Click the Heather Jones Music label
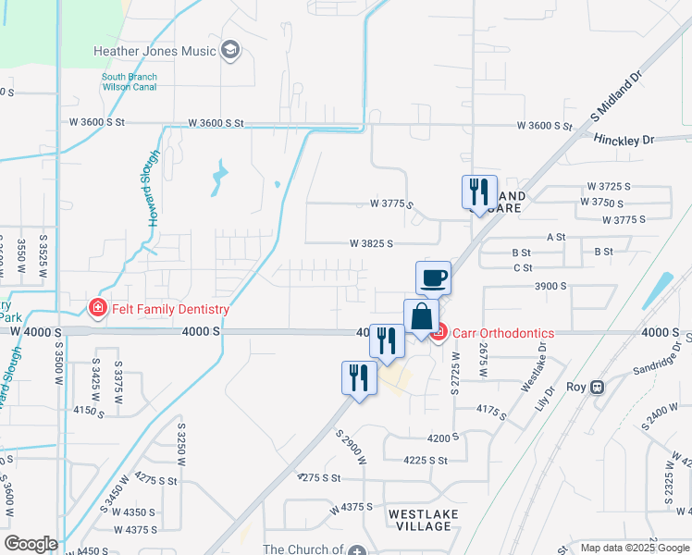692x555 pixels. [154, 51]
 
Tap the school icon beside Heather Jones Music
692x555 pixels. [230, 50]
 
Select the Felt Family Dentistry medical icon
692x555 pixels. [96, 308]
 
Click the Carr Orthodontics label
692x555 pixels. [502, 333]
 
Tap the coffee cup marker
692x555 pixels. [433, 277]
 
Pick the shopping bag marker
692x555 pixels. [421, 316]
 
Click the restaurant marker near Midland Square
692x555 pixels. [479, 191]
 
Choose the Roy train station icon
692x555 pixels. [598, 387]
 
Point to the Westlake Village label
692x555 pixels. [420, 519]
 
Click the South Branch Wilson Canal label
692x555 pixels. [129, 81]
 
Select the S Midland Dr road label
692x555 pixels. [616, 97]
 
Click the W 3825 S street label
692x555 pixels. [372, 243]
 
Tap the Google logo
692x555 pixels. [31, 544]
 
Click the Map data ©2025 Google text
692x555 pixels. [634, 548]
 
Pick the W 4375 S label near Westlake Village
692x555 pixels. [348, 508]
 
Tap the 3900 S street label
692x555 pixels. [550, 287]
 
